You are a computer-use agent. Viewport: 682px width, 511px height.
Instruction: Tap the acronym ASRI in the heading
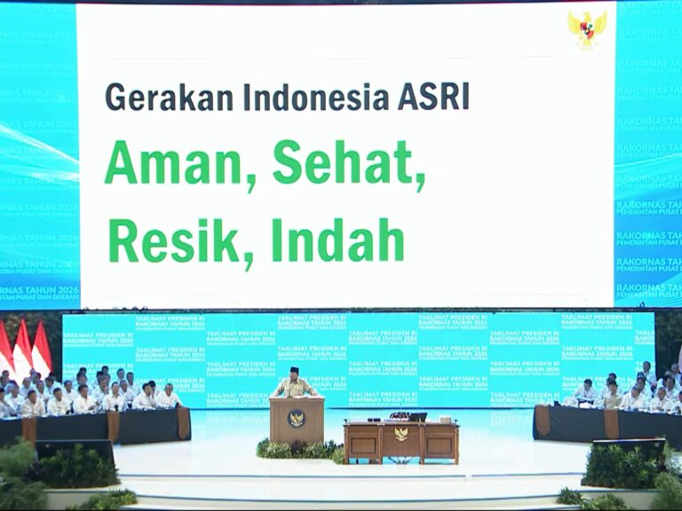point(432,97)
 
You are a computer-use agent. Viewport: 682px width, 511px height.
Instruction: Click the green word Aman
point(174,163)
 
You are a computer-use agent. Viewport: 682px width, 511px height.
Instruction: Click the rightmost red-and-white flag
point(41,349)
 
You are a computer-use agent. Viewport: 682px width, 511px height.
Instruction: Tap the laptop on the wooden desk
point(416,416)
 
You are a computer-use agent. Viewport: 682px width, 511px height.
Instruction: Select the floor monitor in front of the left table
point(75,450)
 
